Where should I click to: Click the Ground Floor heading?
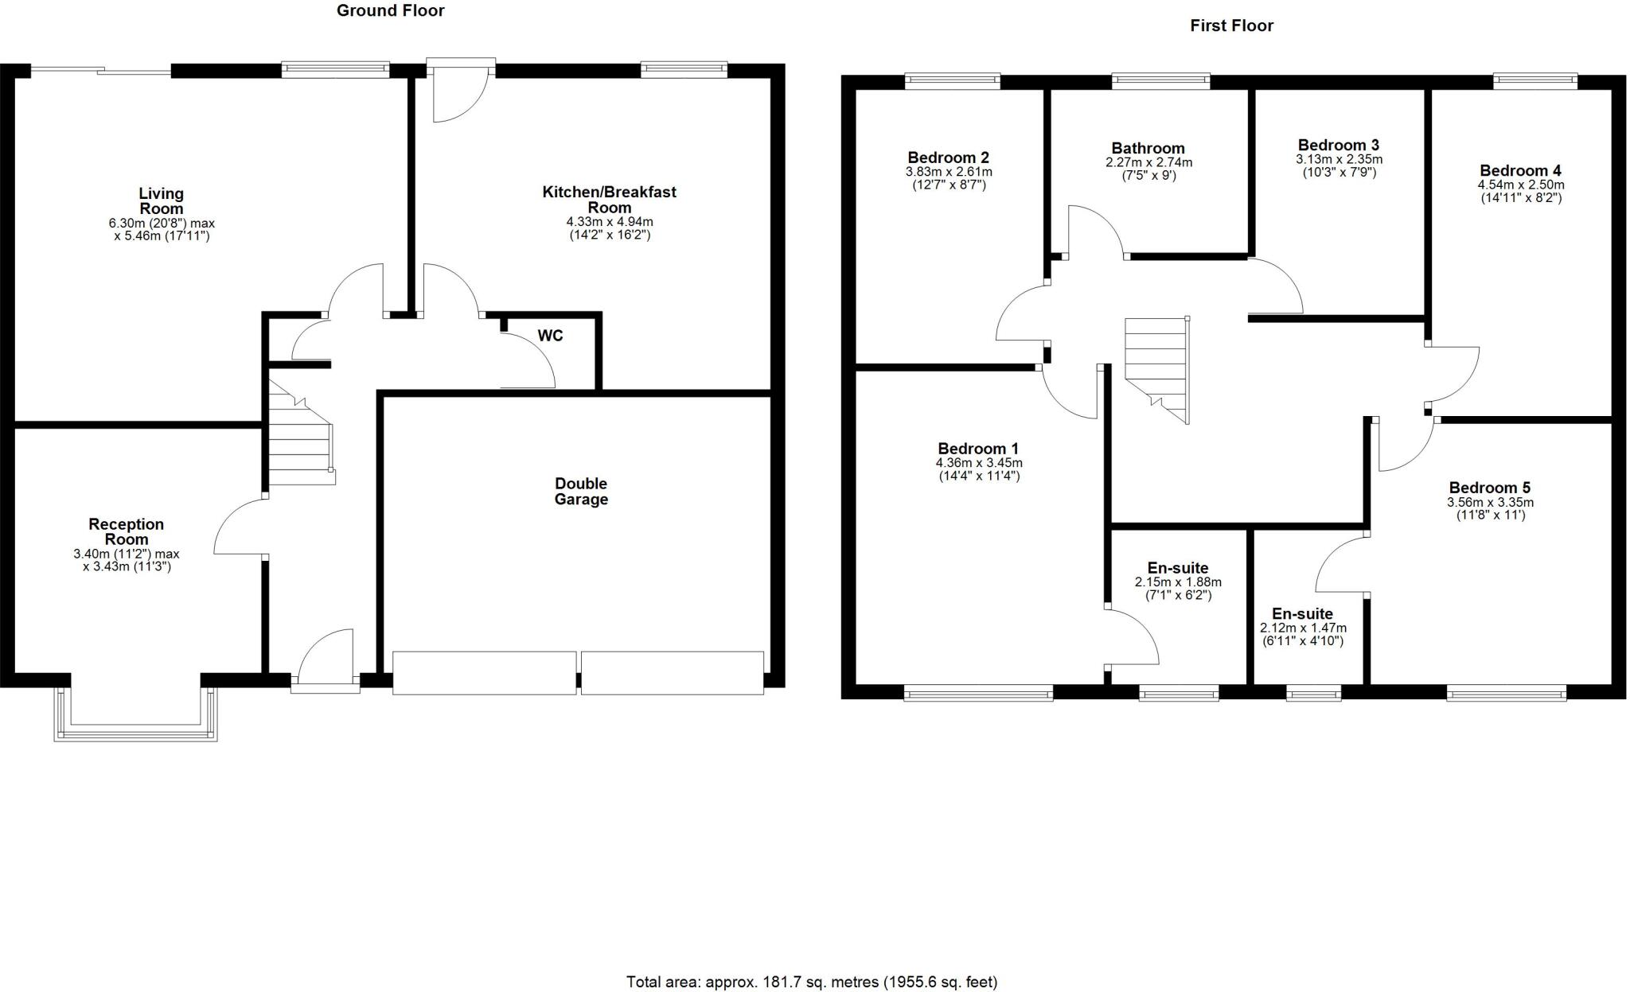390,10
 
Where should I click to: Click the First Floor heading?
1231,25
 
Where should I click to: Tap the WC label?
550,336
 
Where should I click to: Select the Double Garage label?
581,492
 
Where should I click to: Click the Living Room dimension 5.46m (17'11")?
162,236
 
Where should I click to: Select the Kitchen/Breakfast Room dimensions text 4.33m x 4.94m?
610,222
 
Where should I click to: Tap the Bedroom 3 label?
1338,145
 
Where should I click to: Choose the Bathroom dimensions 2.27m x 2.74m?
1148,162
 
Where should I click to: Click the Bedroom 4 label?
1520,170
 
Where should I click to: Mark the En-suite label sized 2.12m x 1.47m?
1302,614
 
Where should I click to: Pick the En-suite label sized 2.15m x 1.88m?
1178,568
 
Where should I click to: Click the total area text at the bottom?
812,982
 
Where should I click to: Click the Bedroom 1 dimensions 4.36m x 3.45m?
979,463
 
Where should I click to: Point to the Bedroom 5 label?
1489,488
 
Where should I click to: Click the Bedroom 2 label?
948,158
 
